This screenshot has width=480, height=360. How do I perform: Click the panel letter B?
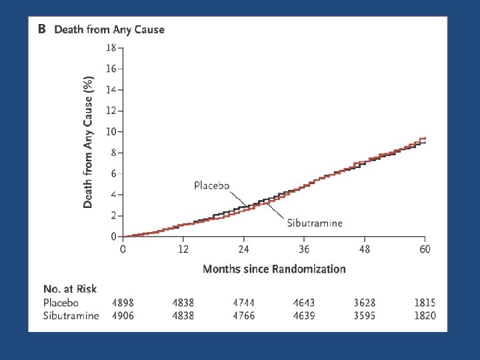42,29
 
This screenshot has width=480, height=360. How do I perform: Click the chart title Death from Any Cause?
109,30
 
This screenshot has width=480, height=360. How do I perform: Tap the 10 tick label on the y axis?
111,131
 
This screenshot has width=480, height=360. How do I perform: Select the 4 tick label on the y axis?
114,195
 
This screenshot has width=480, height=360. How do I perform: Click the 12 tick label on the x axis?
183,249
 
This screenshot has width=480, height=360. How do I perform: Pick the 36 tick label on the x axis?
304,249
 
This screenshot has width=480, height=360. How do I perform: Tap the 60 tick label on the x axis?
425,249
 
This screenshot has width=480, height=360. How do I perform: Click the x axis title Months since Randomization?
274,269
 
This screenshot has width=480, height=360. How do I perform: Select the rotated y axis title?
88,143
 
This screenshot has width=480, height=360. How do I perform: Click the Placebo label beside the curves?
211,185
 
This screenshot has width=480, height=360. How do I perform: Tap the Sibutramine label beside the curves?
315,223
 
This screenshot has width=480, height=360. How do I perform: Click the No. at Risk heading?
70,289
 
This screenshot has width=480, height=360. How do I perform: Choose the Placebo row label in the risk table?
61,303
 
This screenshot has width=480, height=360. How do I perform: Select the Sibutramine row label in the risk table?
71,315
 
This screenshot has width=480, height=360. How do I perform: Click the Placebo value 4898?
123,303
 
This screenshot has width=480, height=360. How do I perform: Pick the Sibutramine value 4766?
244,315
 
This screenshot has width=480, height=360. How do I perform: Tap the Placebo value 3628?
365,303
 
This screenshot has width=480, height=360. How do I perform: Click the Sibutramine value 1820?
425,315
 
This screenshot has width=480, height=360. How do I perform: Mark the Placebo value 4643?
304,303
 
